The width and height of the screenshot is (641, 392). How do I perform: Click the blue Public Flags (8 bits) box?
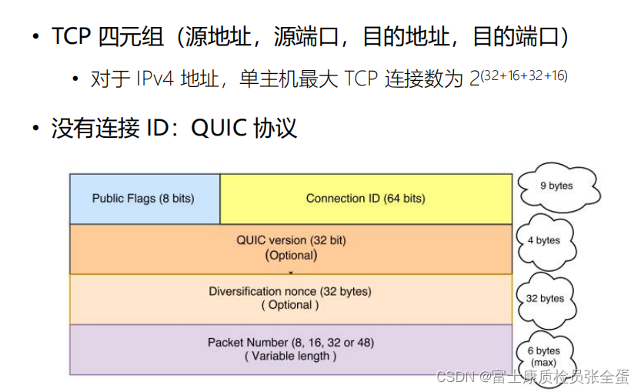(x=144, y=199)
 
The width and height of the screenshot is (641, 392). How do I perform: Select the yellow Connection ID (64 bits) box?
(x=366, y=199)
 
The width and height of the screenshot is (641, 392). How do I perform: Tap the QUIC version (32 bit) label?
(x=291, y=240)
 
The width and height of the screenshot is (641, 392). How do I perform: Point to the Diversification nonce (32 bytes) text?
(x=290, y=291)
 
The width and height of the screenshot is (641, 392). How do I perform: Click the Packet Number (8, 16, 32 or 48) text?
(x=291, y=342)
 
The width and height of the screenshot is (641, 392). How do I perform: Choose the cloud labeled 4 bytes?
(x=547, y=240)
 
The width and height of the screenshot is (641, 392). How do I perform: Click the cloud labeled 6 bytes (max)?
(x=547, y=356)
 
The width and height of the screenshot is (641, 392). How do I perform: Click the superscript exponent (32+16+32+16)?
(x=523, y=75)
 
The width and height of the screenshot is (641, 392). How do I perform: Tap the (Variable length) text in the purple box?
(x=291, y=356)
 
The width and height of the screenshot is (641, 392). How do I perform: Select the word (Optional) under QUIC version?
(x=291, y=255)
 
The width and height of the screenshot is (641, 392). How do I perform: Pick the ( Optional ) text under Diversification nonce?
(x=290, y=305)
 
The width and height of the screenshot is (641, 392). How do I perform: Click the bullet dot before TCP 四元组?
(x=36, y=37)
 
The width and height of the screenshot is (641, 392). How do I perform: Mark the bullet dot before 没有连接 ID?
(x=36, y=127)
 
